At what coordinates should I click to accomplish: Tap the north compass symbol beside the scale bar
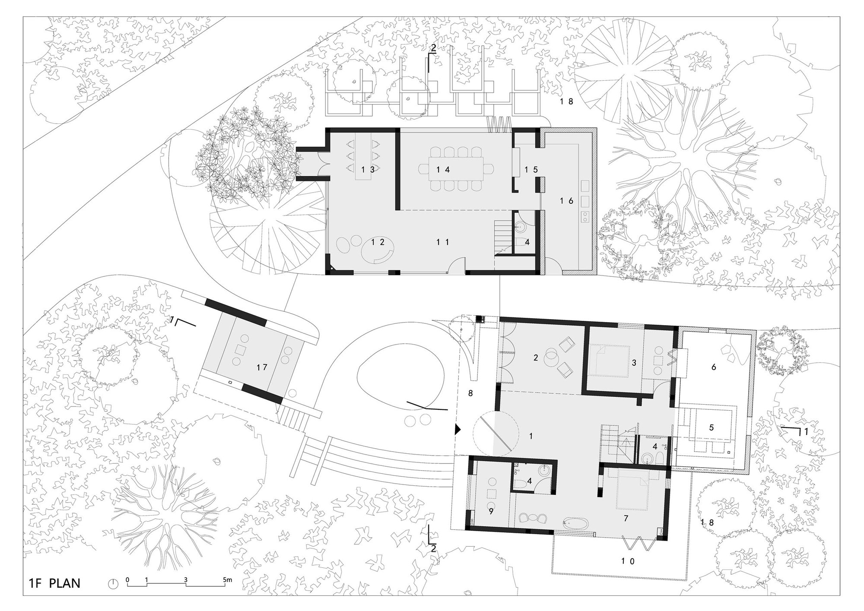(113, 584)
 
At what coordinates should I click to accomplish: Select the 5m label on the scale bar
(228, 580)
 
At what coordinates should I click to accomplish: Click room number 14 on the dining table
(443, 170)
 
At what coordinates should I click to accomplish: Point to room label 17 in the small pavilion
(262, 367)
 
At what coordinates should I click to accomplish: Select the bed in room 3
(607, 361)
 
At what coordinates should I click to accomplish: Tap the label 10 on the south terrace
(628, 561)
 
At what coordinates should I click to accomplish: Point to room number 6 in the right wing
(713, 367)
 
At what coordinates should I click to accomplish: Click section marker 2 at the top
(433, 49)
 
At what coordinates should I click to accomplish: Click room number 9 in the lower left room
(491, 511)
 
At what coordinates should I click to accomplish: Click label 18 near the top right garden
(566, 101)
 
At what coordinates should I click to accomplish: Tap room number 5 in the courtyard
(711, 427)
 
